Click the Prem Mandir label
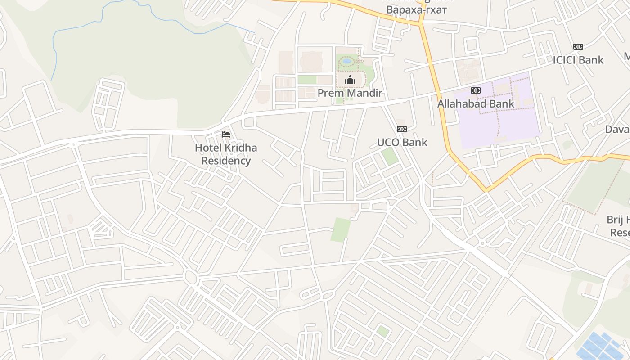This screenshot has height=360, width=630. [x=350, y=93]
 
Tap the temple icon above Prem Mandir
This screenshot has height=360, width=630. [x=350, y=80]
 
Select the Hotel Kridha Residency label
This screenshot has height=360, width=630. [x=226, y=154]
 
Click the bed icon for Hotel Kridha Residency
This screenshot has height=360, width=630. [x=226, y=135]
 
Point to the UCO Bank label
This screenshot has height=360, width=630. [x=402, y=142]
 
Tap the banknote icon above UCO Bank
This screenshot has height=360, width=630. [x=402, y=129]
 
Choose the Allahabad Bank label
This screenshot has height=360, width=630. [x=476, y=104]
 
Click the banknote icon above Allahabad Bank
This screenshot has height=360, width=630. [x=476, y=90]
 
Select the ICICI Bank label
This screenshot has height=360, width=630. [x=578, y=60]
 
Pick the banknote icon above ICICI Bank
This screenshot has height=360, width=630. [x=578, y=47]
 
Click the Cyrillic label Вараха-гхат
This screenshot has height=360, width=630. [x=417, y=10]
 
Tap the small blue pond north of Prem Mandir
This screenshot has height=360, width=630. [x=346, y=61]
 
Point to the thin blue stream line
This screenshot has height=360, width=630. [x=54, y=49]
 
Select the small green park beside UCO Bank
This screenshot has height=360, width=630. [x=390, y=156]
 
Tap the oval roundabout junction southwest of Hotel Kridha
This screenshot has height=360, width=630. [x=191, y=277]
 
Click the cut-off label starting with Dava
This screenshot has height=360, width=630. [x=617, y=130]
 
